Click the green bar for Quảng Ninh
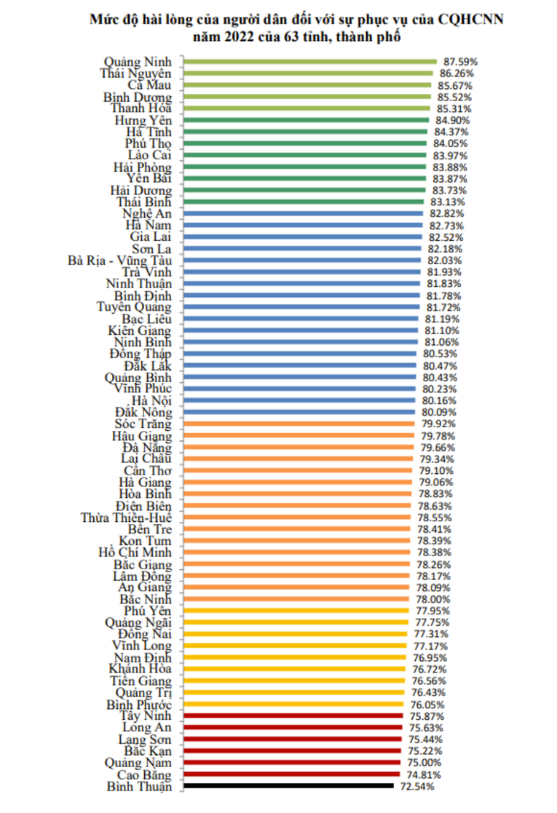tap(309, 62)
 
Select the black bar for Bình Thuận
tap(288, 786)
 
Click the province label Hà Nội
tap(151, 400)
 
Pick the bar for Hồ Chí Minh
tap(299, 552)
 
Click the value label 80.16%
tap(440, 400)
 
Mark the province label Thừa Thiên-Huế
tap(127, 517)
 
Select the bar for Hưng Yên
tap(306, 120)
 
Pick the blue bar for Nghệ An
tap(302, 213)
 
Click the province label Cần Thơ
tap(148, 470)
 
